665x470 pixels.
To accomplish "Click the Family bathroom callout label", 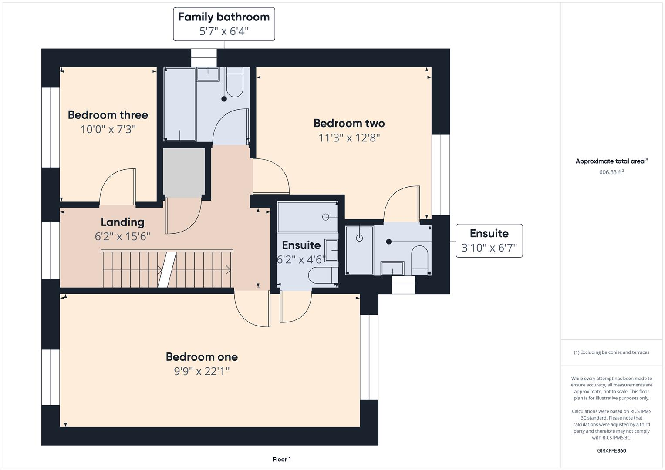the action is (224, 24).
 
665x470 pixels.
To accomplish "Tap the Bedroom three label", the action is (108, 115).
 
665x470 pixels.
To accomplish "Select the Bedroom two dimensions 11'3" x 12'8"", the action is (349, 138).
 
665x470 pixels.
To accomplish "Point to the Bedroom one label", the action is (202, 357).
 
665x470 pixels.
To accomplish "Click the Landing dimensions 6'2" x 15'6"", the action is (122, 236).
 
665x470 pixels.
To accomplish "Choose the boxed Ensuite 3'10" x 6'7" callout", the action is (489, 241).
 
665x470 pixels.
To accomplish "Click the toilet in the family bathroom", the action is (235, 82).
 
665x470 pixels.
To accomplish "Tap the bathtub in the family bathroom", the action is (180, 104).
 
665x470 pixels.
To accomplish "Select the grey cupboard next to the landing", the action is (184, 173).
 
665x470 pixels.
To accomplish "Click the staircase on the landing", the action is (167, 269).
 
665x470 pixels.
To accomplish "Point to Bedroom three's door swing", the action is (117, 187).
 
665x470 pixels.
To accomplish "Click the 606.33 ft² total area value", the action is (611, 172).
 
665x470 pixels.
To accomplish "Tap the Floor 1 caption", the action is (282, 459).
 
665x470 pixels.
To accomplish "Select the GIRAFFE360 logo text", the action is (611, 451).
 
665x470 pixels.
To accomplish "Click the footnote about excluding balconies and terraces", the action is (611, 352).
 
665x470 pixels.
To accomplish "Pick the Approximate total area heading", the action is (611, 161).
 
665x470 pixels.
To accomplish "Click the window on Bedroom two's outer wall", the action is (441, 175).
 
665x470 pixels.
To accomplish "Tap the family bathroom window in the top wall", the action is (204, 58).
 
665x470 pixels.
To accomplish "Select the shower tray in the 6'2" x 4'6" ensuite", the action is (307, 217).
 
